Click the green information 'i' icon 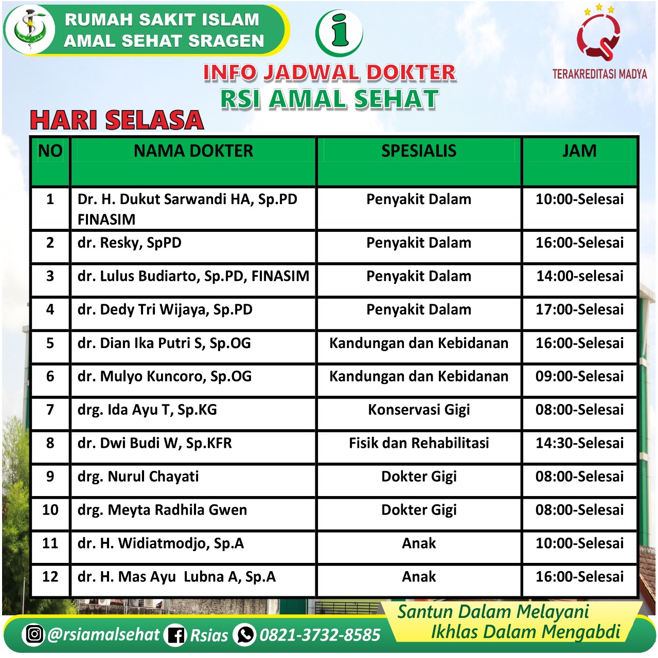pyautogui.click(x=339, y=33)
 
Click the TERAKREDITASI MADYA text pyautogui.click(x=599, y=74)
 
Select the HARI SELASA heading pyautogui.click(x=117, y=120)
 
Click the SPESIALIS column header pyautogui.click(x=419, y=151)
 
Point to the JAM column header pyautogui.click(x=579, y=151)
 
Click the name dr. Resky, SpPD pyautogui.click(x=130, y=243)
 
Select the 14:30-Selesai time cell pyautogui.click(x=579, y=443)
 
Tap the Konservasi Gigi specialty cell pyautogui.click(x=419, y=410)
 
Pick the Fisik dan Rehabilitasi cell pyautogui.click(x=419, y=443)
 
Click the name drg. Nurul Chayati pyautogui.click(x=138, y=477)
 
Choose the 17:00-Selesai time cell pyautogui.click(x=579, y=309)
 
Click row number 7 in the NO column pyautogui.click(x=50, y=410)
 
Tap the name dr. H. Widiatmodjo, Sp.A pyautogui.click(x=161, y=543)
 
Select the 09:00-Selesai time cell pyautogui.click(x=579, y=376)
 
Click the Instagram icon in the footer pyautogui.click(x=34, y=634)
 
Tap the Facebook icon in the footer pyautogui.click(x=175, y=635)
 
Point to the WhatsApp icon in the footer pyautogui.click(x=245, y=634)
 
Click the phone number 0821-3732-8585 pyautogui.click(x=319, y=635)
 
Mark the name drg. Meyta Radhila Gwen pyautogui.click(x=162, y=510)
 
